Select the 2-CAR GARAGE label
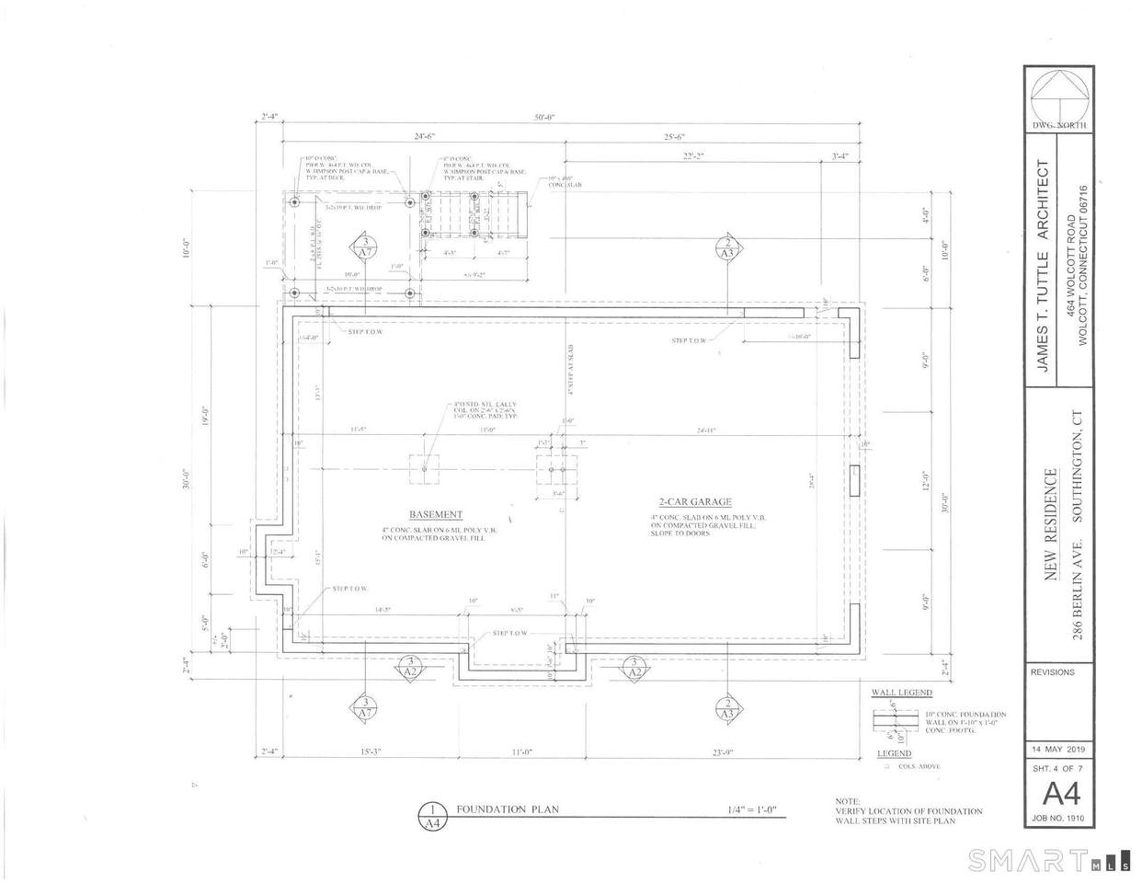[694, 501]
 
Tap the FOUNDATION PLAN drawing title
[508, 810]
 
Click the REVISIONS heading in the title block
[1053, 672]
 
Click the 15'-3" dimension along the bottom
[370, 751]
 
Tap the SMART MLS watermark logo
[1047, 862]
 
